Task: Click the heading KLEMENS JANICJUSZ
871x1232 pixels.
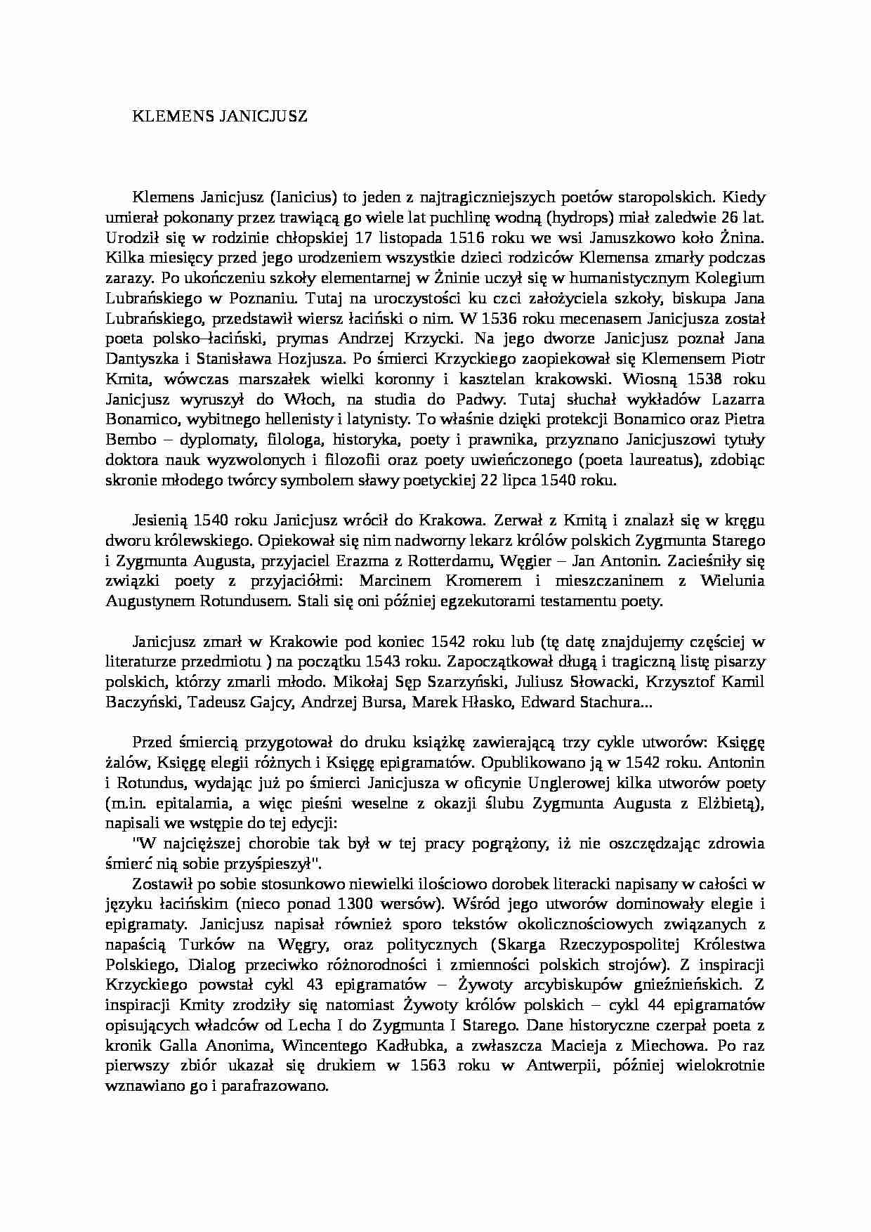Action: [x=220, y=117]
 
